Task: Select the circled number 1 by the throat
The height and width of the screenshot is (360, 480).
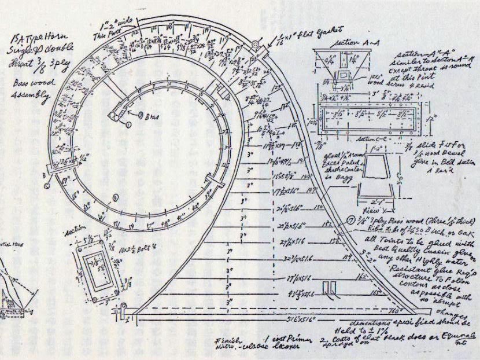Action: click(129, 123)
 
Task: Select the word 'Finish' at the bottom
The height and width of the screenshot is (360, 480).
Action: click(226, 340)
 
